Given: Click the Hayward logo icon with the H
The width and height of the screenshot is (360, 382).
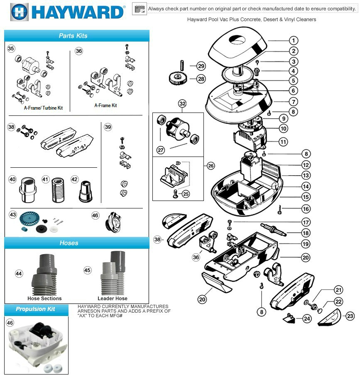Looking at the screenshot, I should (x=18, y=12).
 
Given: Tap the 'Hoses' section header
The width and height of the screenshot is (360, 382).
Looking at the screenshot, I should (x=69, y=243).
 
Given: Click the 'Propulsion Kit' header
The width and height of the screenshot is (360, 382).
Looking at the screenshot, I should (x=35, y=309).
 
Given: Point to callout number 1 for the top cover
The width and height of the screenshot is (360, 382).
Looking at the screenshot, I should (x=293, y=41).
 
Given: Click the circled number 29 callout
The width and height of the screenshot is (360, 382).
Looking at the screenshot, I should (x=201, y=66).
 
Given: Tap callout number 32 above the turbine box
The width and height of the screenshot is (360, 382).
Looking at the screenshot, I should (x=183, y=103).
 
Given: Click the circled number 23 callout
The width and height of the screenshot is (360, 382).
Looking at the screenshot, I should (x=350, y=316).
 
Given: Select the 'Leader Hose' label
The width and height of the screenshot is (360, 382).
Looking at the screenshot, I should (x=112, y=298).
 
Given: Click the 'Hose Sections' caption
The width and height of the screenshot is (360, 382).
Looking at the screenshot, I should (x=44, y=298).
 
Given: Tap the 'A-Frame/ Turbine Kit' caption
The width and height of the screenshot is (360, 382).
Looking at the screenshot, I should (x=43, y=108).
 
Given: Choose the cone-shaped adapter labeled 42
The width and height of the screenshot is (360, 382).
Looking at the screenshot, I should (x=85, y=192).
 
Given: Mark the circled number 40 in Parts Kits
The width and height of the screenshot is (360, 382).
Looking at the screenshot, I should (x=12, y=179).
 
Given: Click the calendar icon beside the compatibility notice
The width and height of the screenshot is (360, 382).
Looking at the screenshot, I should (x=139, y=9).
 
